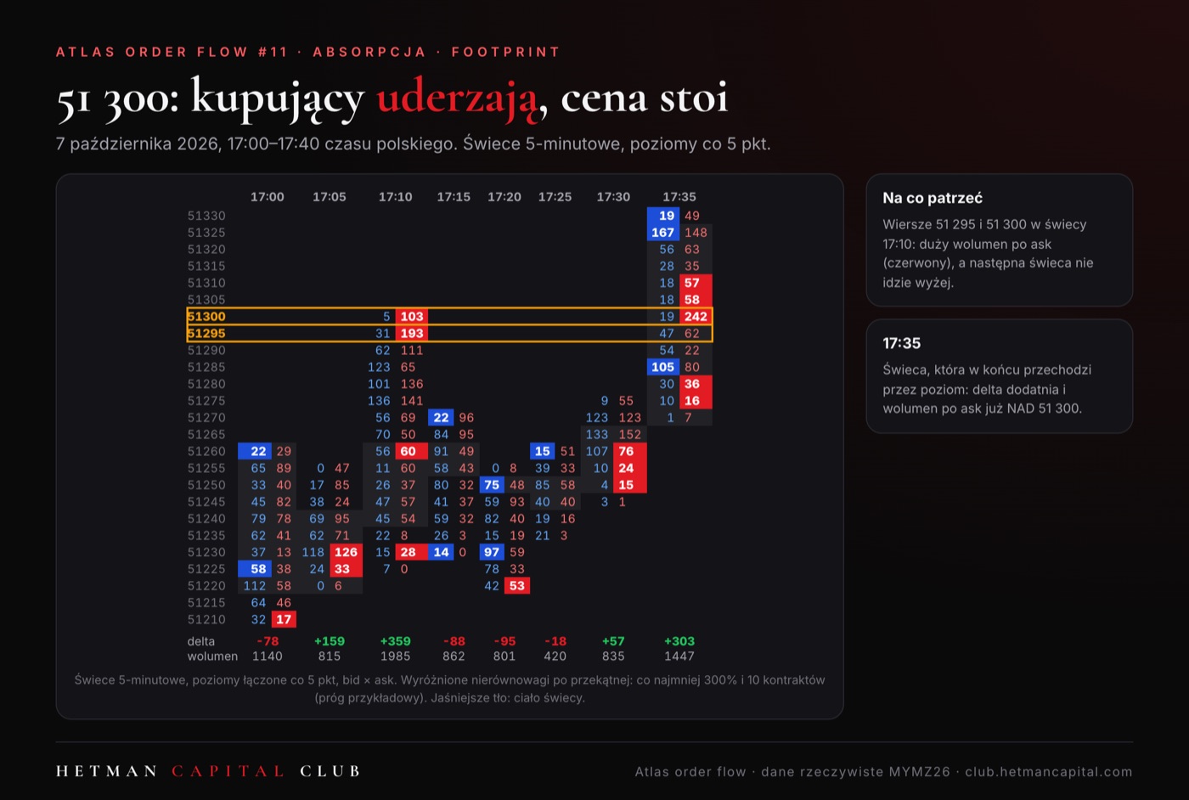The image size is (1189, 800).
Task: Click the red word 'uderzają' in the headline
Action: (457, 98)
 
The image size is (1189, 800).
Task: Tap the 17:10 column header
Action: (395, 197)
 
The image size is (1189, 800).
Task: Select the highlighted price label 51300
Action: (206, 317)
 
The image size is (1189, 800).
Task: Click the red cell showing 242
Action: (696, 317)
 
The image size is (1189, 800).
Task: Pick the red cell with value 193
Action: (412, 334)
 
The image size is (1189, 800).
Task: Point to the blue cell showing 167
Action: (663, 233)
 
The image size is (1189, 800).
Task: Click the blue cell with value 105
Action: (663, 367)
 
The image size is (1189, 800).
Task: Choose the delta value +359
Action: (396, 641)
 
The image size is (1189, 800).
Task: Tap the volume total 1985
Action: (396, 656)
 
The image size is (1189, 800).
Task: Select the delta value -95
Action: (504, 641)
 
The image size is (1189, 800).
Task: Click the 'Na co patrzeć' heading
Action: (933, 198)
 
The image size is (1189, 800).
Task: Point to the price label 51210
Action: (206, 619)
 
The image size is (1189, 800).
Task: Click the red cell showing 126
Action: (347, 552)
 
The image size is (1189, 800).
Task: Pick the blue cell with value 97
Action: (492, 552)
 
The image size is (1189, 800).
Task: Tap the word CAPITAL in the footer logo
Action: (228, 771)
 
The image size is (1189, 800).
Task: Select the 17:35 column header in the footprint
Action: (679, 197)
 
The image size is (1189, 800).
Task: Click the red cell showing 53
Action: (517, 585)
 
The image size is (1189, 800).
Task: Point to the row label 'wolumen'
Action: (212, 656)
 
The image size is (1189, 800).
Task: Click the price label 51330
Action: (206, 216)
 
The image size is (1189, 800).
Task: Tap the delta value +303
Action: (679, 641)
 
